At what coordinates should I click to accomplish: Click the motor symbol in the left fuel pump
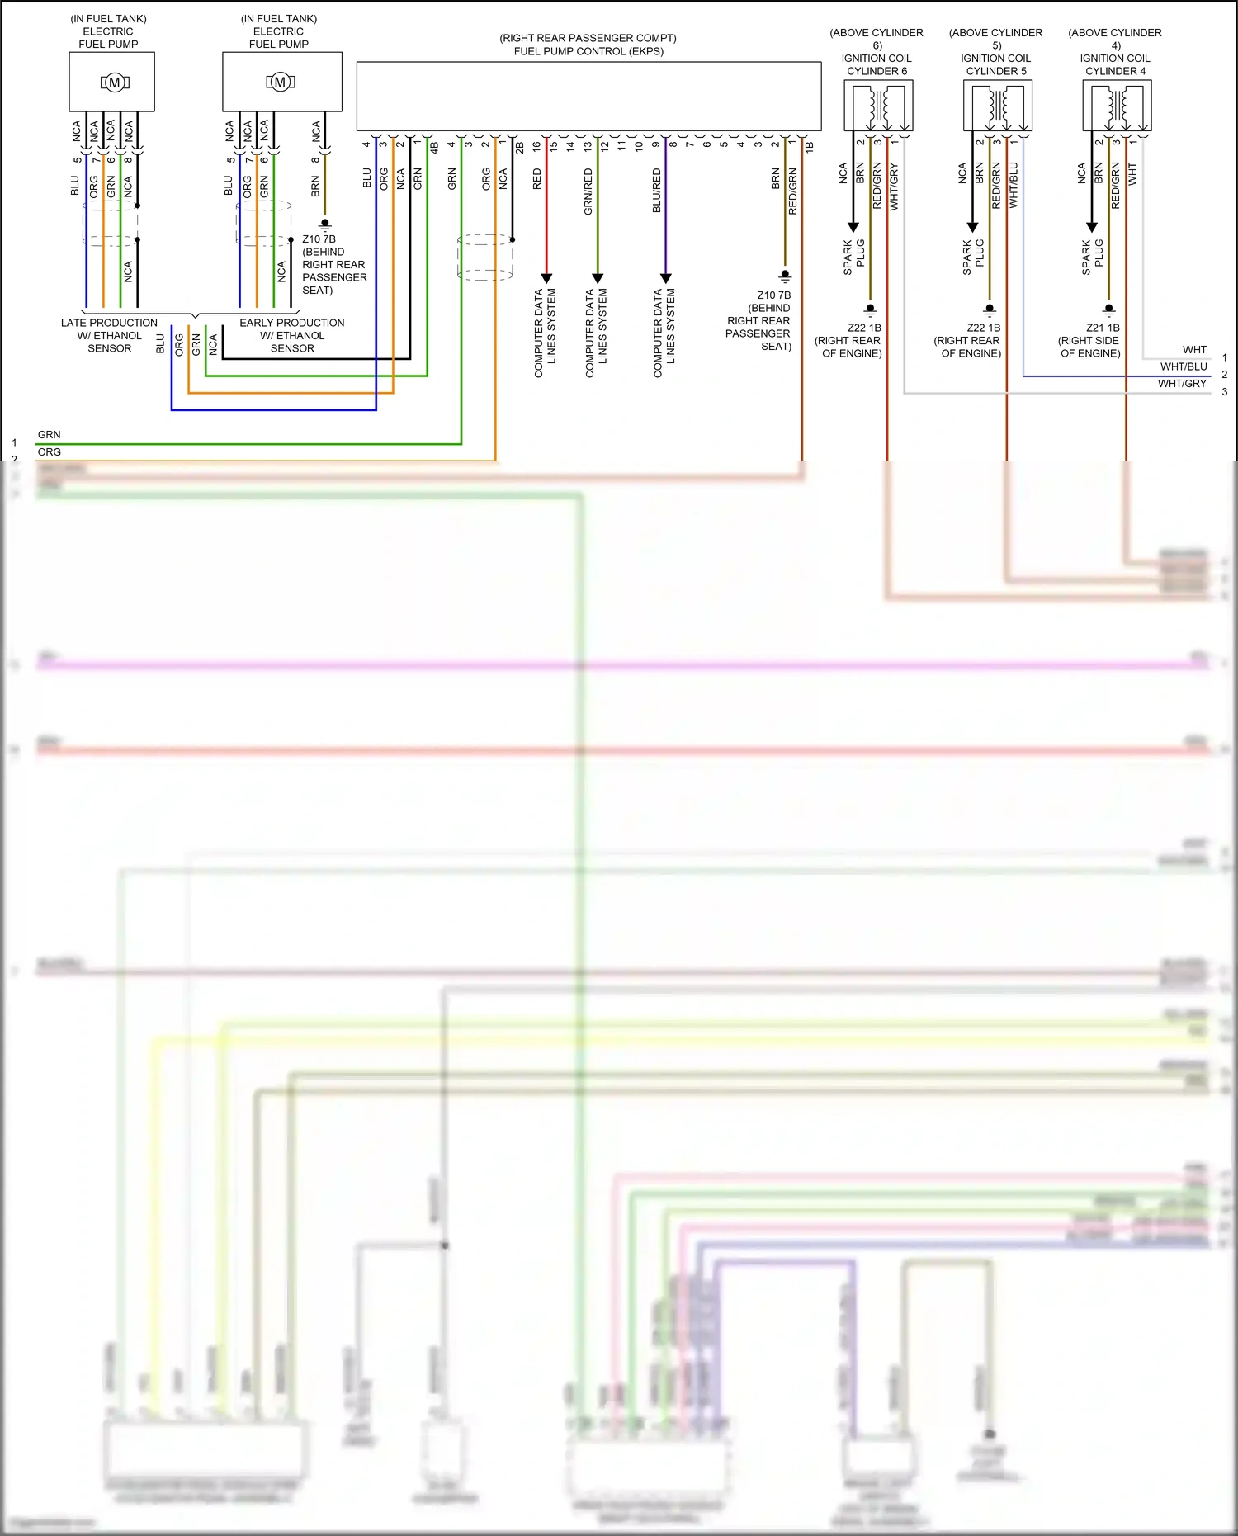point(115,83)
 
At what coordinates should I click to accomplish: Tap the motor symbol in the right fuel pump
point(281,83)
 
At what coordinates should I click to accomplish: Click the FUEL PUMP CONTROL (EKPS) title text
point(588,51)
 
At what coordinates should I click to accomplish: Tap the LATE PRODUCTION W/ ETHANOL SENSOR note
point(110,335)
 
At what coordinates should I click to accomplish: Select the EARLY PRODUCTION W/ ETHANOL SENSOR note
point(292,335)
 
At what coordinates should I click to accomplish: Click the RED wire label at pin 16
point(537,179)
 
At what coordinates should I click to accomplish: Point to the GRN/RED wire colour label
point(588,191)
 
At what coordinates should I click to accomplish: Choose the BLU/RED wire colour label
point(657,191)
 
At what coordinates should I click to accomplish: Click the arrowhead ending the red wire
point(546,278)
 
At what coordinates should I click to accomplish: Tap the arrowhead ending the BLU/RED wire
point(665,278)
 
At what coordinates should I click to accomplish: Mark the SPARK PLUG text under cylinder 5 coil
point(973,257)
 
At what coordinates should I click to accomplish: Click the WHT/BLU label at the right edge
point(1184,366)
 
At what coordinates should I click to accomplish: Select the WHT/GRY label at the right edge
point(1182,384)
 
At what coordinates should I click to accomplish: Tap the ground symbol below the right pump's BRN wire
point(325,224)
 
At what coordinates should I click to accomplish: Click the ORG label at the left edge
point(50,452)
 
